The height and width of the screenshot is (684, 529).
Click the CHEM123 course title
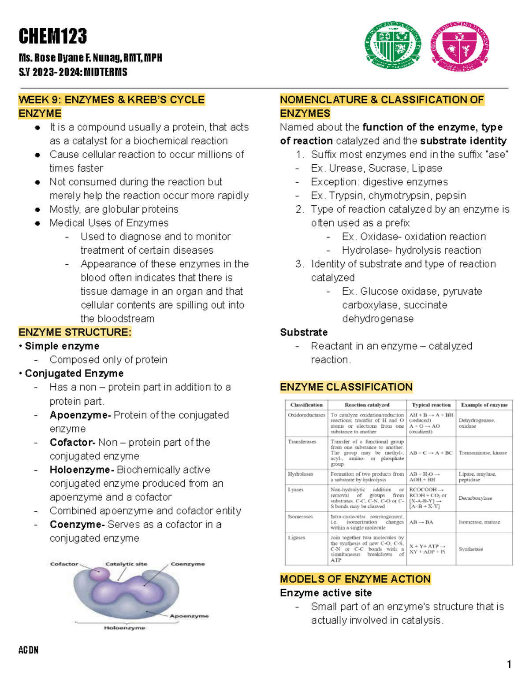[52, 36]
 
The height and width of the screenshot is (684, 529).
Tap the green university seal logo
[392, 45]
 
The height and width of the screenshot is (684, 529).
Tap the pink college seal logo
[460, 46]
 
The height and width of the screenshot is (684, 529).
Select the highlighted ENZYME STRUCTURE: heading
[75, 332]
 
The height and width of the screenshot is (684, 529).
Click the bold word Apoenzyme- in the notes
[80, 415]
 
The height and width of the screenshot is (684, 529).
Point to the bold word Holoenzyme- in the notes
[82, 470]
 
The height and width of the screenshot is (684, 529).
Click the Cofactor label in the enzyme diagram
[64, 564]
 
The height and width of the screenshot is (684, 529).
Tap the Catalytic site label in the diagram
[126, 564]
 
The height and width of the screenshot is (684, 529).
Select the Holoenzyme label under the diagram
[124, 628]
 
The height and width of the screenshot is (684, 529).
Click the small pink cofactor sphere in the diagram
[100, 574]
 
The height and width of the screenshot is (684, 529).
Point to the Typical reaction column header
[431, 405]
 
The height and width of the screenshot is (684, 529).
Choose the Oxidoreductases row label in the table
[306, 415]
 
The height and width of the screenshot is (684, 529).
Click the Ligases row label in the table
[296, 537]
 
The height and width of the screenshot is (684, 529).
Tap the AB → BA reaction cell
[421, 522]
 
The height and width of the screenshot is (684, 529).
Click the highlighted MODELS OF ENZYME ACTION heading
[355, 579]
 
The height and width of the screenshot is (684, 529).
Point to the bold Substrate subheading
[304, 332]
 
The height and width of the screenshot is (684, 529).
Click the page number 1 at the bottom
[509, 664]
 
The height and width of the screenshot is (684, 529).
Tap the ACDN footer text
[28, 650]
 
